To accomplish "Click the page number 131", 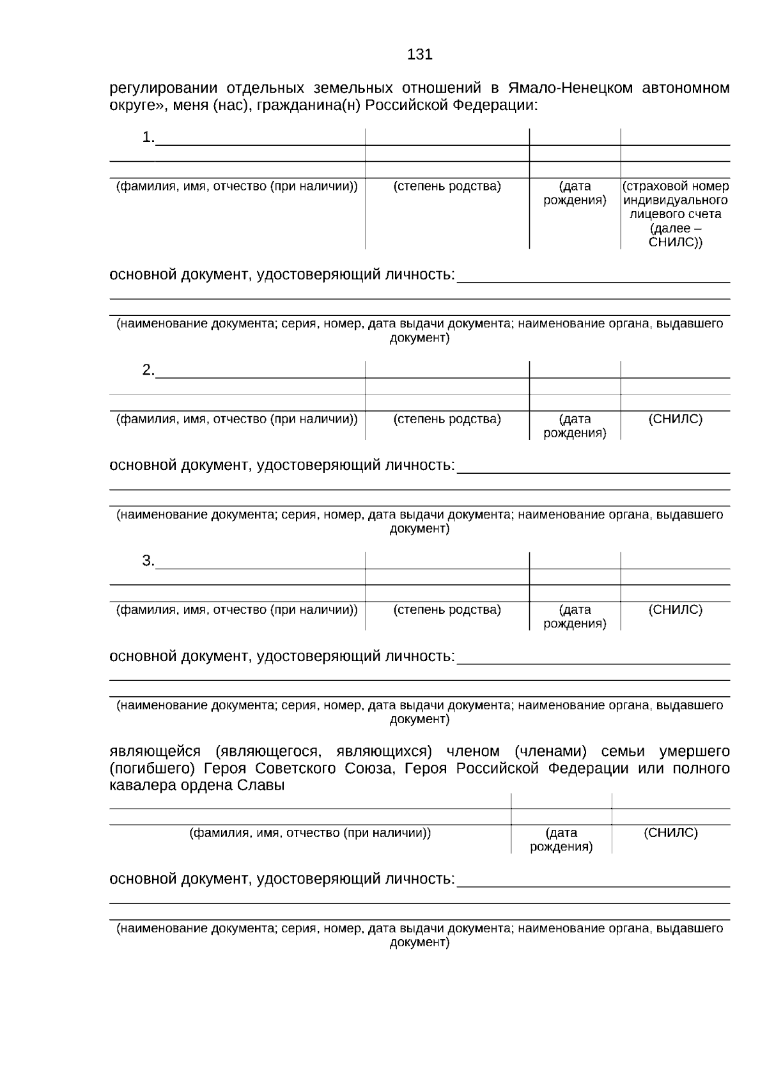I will (419, 55).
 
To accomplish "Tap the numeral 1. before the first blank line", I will (148, 137).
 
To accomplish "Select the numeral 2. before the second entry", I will (148, 370).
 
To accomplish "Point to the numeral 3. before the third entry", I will (148, 561).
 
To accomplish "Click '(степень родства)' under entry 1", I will (447, 187).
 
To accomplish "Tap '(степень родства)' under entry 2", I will (447, 419).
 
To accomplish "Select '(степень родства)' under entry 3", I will (447, 610).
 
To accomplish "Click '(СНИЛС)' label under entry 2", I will (675, 419).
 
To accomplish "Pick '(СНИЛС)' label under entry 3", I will (675, 610).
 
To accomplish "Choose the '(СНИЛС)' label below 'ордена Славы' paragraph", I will (670, 833).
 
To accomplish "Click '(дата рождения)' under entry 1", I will (575, 194).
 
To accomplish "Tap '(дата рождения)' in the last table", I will (561, 840).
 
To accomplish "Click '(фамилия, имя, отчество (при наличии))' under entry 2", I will (236, 419).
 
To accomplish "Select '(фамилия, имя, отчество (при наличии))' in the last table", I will (310, 833).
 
